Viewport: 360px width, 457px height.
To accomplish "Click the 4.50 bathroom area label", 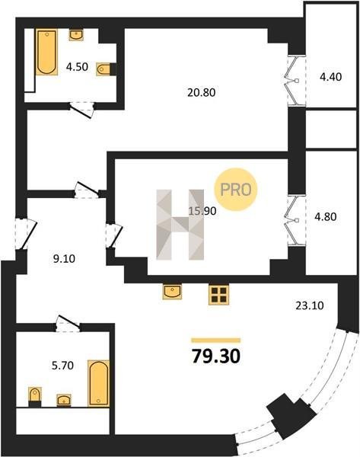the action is (x=77, y=67).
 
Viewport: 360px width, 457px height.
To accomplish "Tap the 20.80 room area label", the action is (x=202, y=93).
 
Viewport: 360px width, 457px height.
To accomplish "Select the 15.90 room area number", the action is (x=202, y=211).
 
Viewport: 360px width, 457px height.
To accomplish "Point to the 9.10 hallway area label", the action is (x=64, y=258).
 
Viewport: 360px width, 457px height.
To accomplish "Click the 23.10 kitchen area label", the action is (x=310, y=305).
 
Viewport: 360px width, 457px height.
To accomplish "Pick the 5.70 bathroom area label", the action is (x=62, y=366).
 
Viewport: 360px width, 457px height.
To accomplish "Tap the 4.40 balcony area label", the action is (x=331, y=77).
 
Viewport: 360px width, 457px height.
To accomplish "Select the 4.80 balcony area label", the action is (x=326, y=217).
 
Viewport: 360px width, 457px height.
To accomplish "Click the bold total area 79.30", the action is (x=216, y=356).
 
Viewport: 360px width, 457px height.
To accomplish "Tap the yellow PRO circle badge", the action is (x=236, y=190).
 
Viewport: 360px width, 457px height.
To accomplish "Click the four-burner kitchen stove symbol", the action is (x=218, y=295).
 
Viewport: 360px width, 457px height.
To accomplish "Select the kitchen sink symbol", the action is (x=172, y=292).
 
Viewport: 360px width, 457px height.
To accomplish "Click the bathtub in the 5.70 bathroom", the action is (x=99, y=383).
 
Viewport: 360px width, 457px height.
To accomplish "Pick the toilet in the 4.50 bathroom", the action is (x=106, y=69).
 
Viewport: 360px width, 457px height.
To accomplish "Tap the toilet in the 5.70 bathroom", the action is (x=35, y=397).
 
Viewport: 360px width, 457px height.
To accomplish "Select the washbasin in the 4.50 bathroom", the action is (x=76, y=35).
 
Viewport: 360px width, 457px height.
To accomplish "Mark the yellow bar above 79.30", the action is (x=216, y=340).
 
